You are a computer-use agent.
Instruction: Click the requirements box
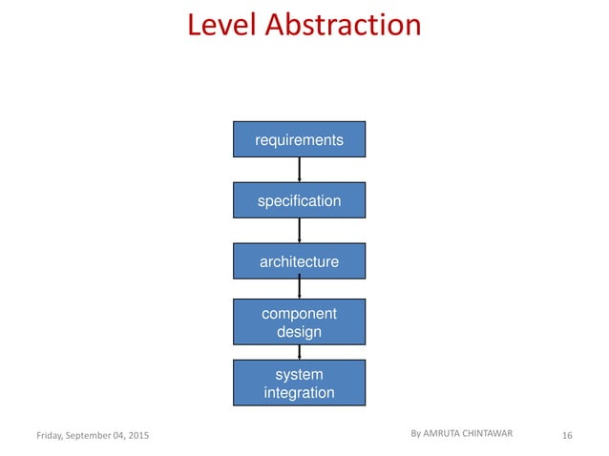(x=299, y=140)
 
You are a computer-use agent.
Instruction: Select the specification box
(x=299, y=200)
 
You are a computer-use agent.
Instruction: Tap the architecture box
(x=299, y=260)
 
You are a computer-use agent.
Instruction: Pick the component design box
(x=299, y=322)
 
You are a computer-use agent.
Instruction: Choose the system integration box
(x=299, y=383)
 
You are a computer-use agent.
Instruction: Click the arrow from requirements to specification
(x=300, y=170)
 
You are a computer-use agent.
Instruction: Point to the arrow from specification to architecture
(x=300, y=230)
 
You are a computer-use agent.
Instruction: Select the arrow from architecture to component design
(x=300, y=289)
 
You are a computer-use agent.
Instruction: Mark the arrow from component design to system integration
(x=300, y=352)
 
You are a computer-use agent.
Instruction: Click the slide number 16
(x=567, y=436)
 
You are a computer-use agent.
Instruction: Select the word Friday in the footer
(x=52, y=436)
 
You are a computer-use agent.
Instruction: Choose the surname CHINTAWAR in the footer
(x=491, y=433)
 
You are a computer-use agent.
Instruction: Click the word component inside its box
(x=299, y=314)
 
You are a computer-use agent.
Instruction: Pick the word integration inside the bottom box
(x=299, y=392)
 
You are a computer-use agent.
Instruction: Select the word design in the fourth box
(x=299, y=332)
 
